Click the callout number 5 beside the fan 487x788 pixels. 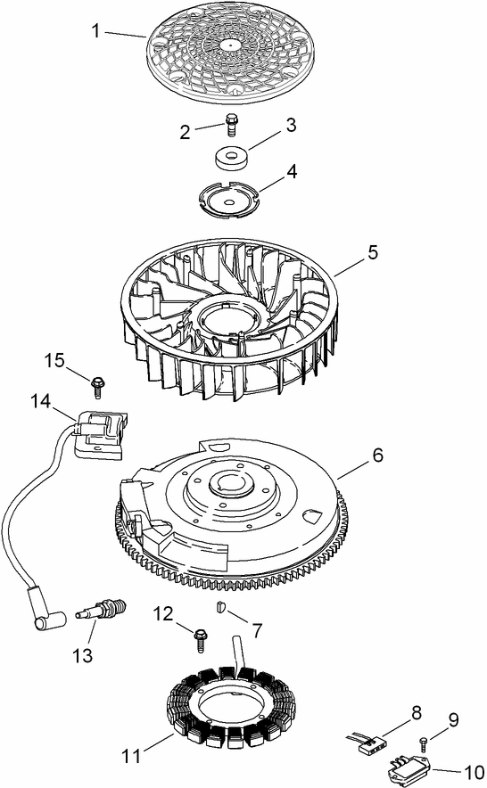click(371, 251)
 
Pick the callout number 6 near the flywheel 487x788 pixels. click(377, 455)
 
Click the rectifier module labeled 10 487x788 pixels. click(410, 767)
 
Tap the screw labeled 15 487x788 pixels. click(97, 385)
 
